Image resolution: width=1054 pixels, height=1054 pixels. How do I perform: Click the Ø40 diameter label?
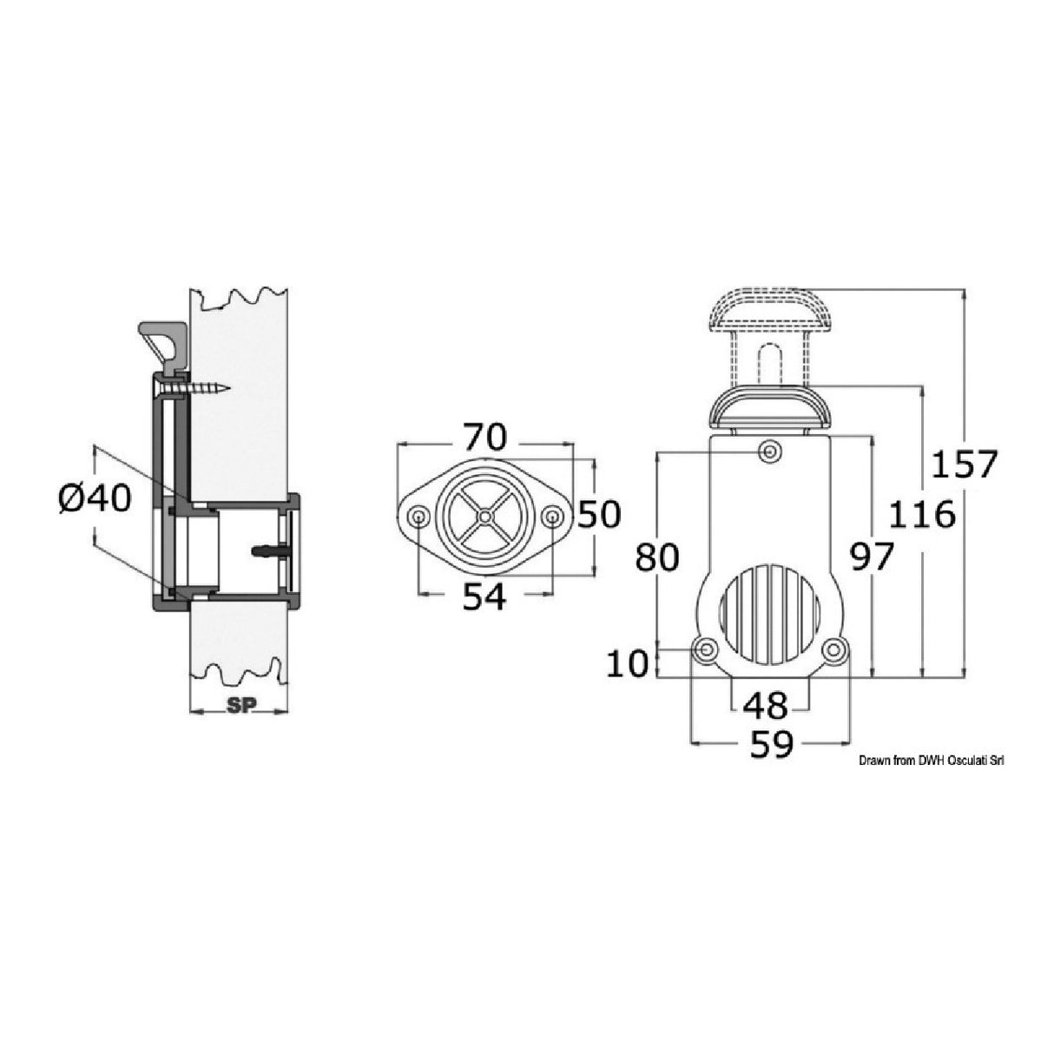pos(95,498)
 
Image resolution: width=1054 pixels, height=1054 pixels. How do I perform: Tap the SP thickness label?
pos(239,706)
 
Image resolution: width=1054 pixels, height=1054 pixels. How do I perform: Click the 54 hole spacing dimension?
pos(484,597)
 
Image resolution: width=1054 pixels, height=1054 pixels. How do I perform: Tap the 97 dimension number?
pos(870,557)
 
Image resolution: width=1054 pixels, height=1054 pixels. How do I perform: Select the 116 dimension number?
pos(921,515)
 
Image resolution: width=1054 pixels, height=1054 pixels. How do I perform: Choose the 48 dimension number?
pos(765,705)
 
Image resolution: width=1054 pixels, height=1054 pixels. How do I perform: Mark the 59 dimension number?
pos(771,746)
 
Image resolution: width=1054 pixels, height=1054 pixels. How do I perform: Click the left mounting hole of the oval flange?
pos(418,517)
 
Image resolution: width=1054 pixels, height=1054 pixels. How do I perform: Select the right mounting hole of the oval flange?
pos(551,517)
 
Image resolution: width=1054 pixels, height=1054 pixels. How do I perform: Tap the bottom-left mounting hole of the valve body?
pos(707,649)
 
